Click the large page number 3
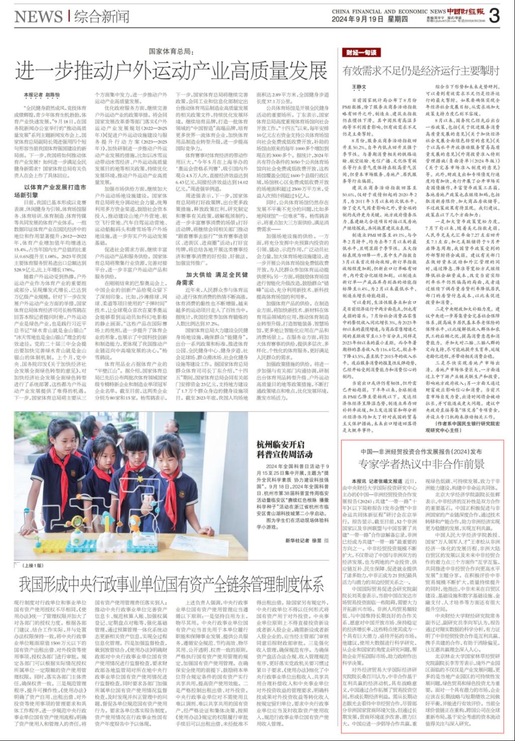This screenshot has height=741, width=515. click(494, 16)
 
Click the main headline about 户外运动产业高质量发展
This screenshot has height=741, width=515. click(171, 70)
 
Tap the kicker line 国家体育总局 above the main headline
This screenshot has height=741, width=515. click(170, 51)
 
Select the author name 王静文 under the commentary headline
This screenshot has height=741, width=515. click(357, 87)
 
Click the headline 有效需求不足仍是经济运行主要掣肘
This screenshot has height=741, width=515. click(420, 70)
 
